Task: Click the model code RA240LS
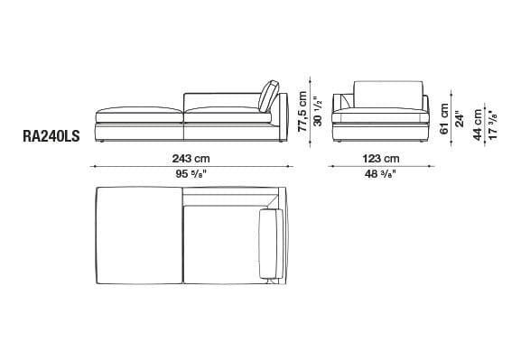[x=51, y=136]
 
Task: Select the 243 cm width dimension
[x=191, y=159]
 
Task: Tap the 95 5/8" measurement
[x=191, y=173]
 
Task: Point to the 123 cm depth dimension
[x=381, y=159]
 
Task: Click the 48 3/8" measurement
[x=380, y=173]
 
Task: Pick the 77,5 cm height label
[x=302, y=111]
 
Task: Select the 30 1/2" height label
[x=318, y=112]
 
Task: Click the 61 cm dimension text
[x=444, y=118]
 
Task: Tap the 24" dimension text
[x=459, y=118]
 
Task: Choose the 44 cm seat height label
[x=478, y=125]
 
